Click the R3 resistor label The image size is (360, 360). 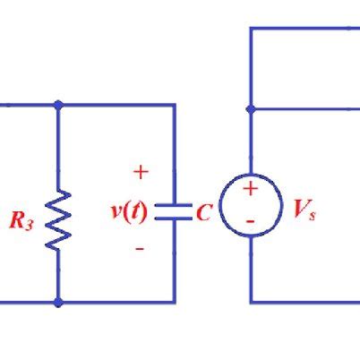pyautogui.click(x=21, y=221)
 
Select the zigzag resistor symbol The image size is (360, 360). pyautogui.click(x=59, y=219)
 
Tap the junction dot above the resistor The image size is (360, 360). pyautogui.click(x=59, y=105)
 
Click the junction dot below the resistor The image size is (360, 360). pyautogui.click(x=59, y=303)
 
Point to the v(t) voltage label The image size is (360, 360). pyautogui.click(x=129, y=211)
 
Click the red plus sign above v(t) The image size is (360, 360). pyautogui.click(x=141, y=171)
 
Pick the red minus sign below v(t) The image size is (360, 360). pyautogui.click(x=140, y=248)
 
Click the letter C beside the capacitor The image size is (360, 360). pyautogui.click(x=203, y=213)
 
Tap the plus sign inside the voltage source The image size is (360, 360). pyautogui.click(x=251, y=189)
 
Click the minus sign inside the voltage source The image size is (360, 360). pyautogui.click(x=251, y=220)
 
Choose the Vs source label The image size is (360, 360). pyautogui.click(x=304, y=210)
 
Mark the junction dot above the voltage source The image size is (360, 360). pyautogui.click(x=251, y=108)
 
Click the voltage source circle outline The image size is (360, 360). pyautogui.click(x=220, y=205)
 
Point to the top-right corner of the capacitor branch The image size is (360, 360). pyautogui.click(x=174, y=105)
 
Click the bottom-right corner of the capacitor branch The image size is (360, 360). pyautogui.click(x=174, y=302)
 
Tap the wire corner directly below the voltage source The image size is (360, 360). pyautogui.click(x=251, y=302)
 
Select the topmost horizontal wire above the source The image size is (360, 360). pyautogui.click(x=304, y=28)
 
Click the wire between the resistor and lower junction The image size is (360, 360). pyautogui.click(x=59, y=276)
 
